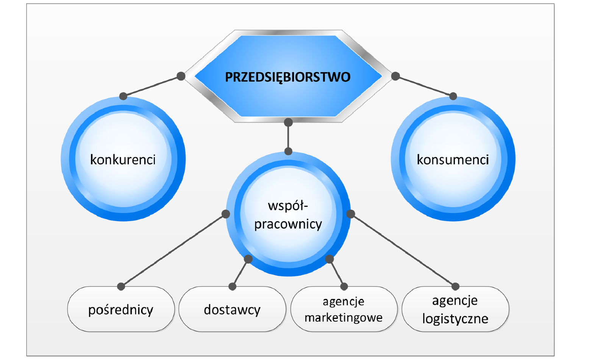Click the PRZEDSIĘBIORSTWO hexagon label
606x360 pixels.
[288, 77]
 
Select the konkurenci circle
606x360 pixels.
[123, 159]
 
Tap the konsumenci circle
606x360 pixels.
[453, 159]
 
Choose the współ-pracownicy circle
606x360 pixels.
[288, 214]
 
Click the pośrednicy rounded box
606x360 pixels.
[121, 310]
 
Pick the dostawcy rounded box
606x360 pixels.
[232, 310]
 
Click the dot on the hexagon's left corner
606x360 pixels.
[181, 76]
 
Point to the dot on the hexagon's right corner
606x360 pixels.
[395, 76]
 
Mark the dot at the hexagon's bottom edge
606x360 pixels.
[288, 122]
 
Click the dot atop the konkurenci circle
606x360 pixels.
[123, 96]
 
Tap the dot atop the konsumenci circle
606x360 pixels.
[453, 96]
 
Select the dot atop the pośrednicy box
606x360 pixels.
[121, 286]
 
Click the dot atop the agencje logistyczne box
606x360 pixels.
[455, 286]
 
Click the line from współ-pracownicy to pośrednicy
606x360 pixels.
[173, 250]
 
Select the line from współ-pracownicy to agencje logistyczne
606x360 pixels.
[403, 250]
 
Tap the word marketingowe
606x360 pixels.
[344, 318]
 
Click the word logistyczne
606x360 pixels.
[455, 319]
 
